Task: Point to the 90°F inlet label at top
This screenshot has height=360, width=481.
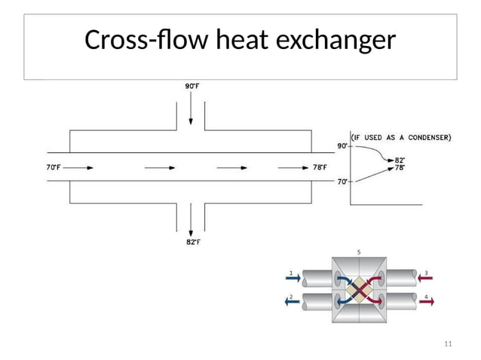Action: (191, 86)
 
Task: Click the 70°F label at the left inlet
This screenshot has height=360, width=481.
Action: (53, 167)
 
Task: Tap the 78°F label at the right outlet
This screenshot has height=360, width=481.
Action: (320, 167)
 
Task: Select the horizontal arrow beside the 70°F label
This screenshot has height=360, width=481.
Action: (84, 167)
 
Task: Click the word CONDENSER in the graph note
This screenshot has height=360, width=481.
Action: (427, 137)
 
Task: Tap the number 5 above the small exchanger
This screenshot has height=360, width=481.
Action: (359, 252)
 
